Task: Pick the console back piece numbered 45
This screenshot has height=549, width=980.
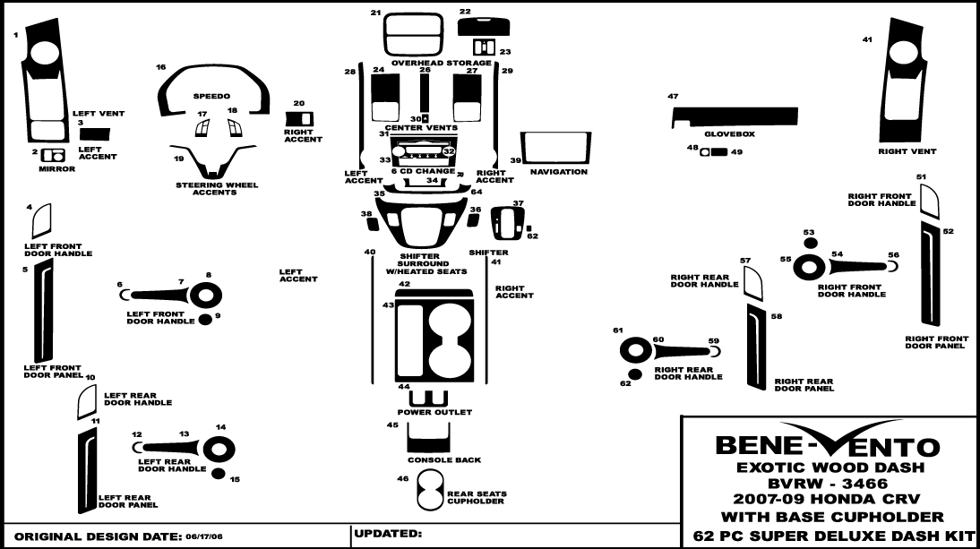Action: tap(427, 437)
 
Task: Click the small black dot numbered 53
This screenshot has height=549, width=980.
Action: tap(810, 243)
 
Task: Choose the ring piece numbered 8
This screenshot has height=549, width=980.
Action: tap(205, 295)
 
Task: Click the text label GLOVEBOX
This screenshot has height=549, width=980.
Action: tap(729, 134)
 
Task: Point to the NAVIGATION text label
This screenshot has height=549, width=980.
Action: tap(558, 172)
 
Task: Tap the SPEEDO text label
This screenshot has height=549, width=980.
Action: tap(211, 96)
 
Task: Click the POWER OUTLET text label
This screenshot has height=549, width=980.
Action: tap(434, 413)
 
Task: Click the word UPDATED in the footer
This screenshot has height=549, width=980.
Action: tap(386, 534)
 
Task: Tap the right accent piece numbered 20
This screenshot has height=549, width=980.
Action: tap(298, 118)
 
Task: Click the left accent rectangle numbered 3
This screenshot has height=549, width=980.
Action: tap(95, 134)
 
